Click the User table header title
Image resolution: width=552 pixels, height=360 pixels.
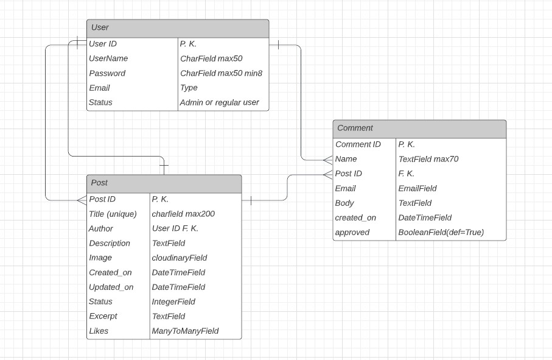click(x=100, y=27)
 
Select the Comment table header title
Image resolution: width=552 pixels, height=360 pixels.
click(x=355, y=128)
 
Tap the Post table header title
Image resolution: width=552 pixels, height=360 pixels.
click(x=99, y=183)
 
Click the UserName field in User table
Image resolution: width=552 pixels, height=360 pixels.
click(x=108, y=58)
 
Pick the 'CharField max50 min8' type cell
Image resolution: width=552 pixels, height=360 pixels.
click(x=221, y=73)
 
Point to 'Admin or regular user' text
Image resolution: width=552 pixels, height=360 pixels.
click(x=219, y=102)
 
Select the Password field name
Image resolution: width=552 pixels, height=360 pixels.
click(x=107, y=73)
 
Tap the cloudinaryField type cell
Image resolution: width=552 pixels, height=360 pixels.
click(x=180, y=258)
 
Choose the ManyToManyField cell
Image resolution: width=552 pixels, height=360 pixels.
click(x=185, y=331)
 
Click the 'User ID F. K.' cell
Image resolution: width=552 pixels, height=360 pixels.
click(x=175, y=228)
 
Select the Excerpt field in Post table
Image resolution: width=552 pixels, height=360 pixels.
click(x=103, y=316)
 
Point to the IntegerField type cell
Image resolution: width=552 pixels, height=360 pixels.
click(x=173, y=302)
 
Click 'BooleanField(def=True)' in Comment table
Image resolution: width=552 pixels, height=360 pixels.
click(x=441, y=232)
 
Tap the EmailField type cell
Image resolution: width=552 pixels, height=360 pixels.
click(x=417, y=188)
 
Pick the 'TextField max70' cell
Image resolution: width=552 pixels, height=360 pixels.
click(x=428, y=159)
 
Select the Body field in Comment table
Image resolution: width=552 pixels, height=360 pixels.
click(x=344, y=203)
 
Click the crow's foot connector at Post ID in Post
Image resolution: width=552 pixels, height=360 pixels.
click(x=82, y=199)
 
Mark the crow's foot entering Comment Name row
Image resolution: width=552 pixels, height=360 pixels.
click(x=328, y=160)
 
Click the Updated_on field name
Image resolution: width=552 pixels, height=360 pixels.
click(x=111, y=287)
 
